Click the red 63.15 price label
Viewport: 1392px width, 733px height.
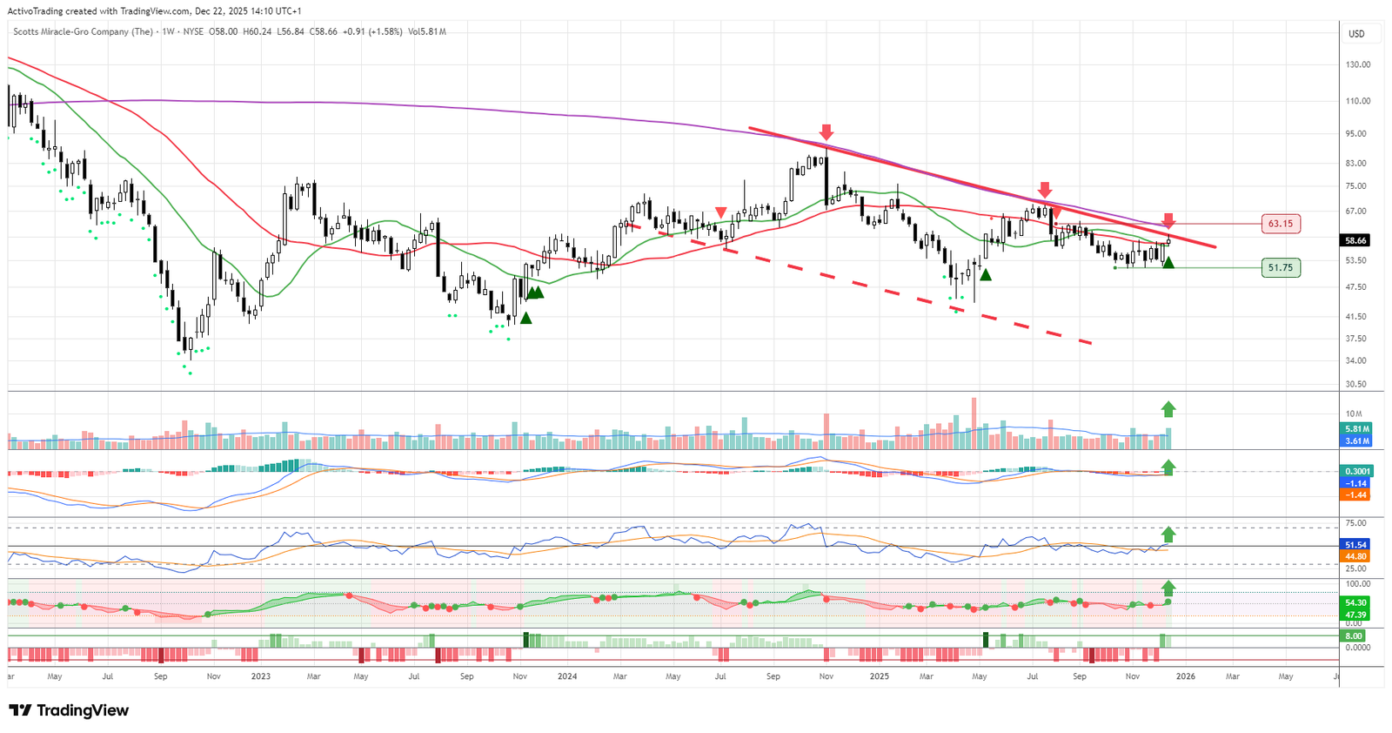(1280, 224)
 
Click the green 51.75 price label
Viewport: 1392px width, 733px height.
(1280, 268)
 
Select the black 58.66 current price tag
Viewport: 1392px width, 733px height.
(1355, 240)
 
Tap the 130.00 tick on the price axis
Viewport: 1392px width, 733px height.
(1357, 64)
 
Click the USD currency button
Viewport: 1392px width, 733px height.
(1356, 34)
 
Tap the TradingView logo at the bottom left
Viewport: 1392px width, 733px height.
(69, 710)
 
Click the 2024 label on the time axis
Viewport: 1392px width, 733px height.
(567, 676)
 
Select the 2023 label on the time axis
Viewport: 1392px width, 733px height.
(261, 676)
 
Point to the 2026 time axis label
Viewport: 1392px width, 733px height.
(1185, 676)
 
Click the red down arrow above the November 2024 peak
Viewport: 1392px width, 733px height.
(826, 132)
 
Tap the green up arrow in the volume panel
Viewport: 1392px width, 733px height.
(1168, 408)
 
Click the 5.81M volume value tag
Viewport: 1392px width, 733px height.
(1356, 429)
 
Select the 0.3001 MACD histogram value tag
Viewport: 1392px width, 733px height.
(1356, 471)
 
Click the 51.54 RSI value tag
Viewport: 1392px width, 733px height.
(1355, 545)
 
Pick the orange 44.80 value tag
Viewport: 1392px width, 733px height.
(1355, 556)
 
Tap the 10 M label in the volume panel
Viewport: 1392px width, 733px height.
(1354, 414)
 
